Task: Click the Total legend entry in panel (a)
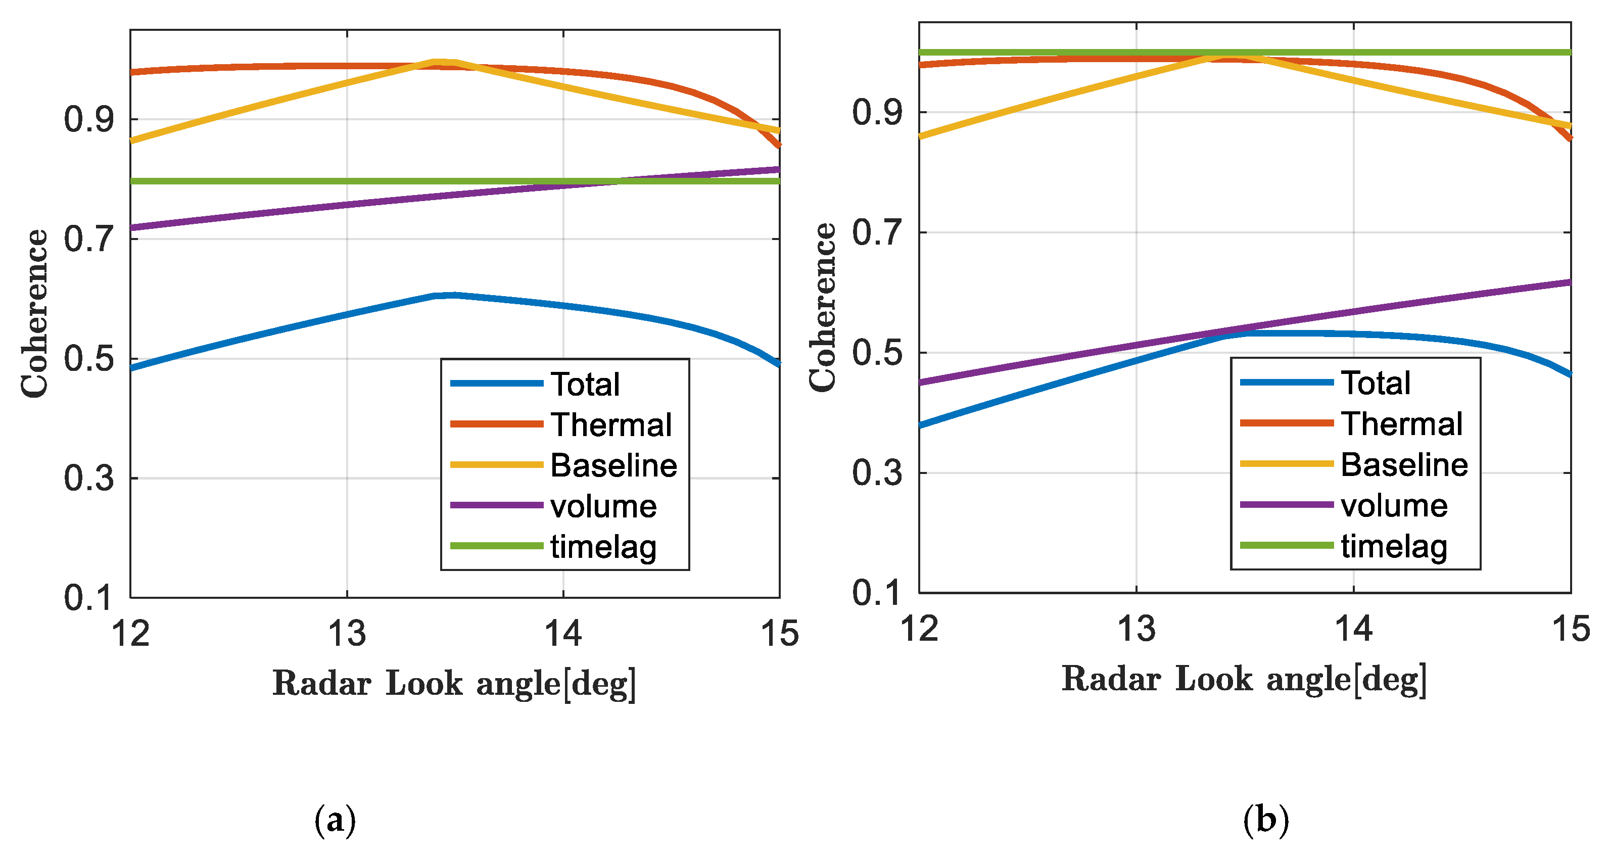pos(585,384)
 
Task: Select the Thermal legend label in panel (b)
pos(1401,423)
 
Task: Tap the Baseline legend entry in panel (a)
pos(613,465)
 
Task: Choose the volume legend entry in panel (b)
pos(1394,505)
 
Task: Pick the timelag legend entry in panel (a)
pos(603,547)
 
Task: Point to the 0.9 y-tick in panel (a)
pos(89,119)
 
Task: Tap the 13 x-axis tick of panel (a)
pos(347,633)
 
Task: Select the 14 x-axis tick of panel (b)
pos(1353,629)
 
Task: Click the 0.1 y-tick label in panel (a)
pos(89,598)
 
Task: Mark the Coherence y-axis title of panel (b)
pos(823,307)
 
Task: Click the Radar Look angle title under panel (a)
pos(454,683)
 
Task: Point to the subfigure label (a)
pos(335,820)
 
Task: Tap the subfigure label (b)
pos(1265,820)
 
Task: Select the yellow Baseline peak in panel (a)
pos(445,61)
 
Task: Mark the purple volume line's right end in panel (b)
pos(1569,282)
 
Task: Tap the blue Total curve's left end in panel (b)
pos(921,425)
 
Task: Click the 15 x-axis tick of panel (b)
pos(1570,629)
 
